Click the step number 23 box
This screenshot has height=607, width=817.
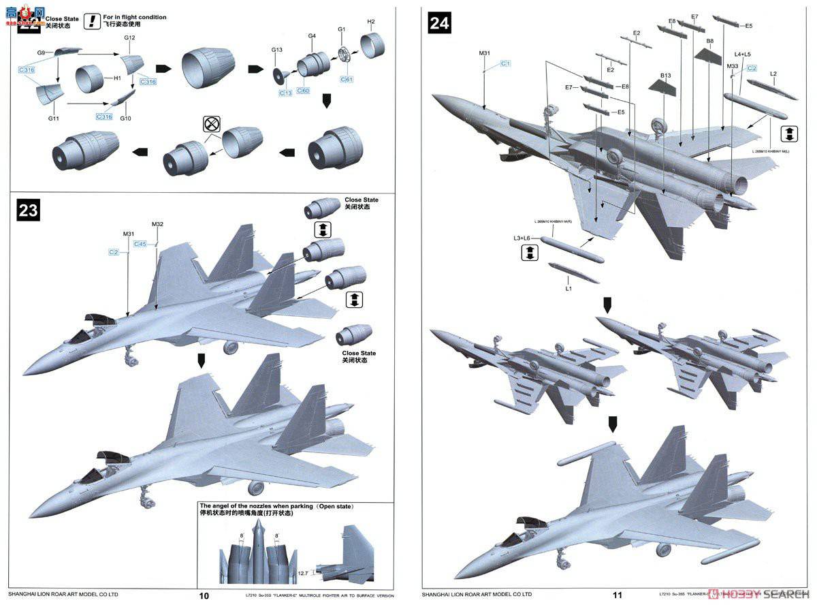(x=28, y=211)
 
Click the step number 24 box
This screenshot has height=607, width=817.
(x=439, y=23)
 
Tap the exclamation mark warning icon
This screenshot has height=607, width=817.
(x=91, y=21)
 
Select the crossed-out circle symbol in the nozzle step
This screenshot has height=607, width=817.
(x=212, y=124)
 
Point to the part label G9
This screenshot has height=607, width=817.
(x=42, y=52)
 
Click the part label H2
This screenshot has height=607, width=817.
(x=371, y=21)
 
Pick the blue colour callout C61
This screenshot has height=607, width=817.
(x=347, y=80)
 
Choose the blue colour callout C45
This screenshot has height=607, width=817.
(x=140, y=243)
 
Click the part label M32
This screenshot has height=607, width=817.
(x=158, y=224)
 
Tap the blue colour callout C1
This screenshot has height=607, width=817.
(x=506, y=63)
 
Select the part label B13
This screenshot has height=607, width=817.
(x=665, y=75)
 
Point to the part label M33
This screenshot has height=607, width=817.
(x=733, y=66)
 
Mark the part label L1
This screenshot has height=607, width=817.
(x=569, y=289)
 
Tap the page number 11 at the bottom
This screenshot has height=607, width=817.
(x=617, y=595)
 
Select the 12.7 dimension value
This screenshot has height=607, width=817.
(x=303, y=573)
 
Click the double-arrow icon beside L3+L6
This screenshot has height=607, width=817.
(x=529, y=253)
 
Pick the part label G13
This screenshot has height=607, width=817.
(x=276, y=50)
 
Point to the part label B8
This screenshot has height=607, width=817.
(x=709, y=41)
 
